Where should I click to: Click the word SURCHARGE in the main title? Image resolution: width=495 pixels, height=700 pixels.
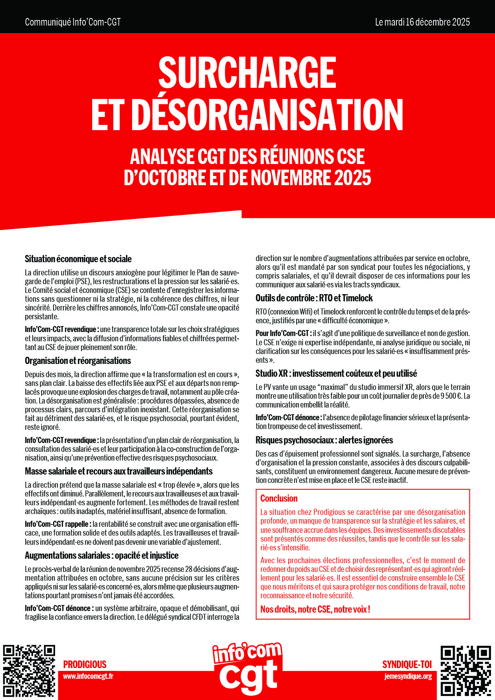coord(247,73)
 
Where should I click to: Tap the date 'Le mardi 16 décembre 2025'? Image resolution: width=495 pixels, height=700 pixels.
coord(422,22)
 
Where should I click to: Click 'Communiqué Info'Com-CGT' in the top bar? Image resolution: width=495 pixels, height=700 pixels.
coord(73,22)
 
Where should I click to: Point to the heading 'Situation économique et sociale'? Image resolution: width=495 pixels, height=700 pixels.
coord(78,259)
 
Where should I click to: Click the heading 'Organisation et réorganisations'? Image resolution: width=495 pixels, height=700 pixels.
coord(78,361)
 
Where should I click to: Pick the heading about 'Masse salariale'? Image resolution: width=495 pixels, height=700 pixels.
coord(119,471)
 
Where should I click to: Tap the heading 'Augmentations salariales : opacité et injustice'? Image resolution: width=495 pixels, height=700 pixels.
coord(101,556)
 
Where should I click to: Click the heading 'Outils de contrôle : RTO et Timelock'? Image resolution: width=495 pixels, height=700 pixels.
coord(314,298)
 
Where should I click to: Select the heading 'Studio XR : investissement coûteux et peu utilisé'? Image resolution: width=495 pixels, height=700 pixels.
coord(336,374)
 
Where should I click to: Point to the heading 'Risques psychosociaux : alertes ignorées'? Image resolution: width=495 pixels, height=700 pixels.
coord(324,440)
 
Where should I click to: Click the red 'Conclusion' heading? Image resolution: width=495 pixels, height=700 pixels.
coord(279,498)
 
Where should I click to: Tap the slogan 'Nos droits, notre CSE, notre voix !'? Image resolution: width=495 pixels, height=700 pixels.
coord(315,609)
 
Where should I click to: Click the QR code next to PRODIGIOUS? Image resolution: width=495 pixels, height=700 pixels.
coord(29,670)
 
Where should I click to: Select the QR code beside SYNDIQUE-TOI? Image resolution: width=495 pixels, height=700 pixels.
coord(465,670)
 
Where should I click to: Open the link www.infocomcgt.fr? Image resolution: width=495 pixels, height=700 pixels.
coord(88,676)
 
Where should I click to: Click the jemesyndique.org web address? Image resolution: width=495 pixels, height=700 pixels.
coord(408,676)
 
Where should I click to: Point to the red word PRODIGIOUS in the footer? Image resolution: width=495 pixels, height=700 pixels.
coord(85,664)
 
